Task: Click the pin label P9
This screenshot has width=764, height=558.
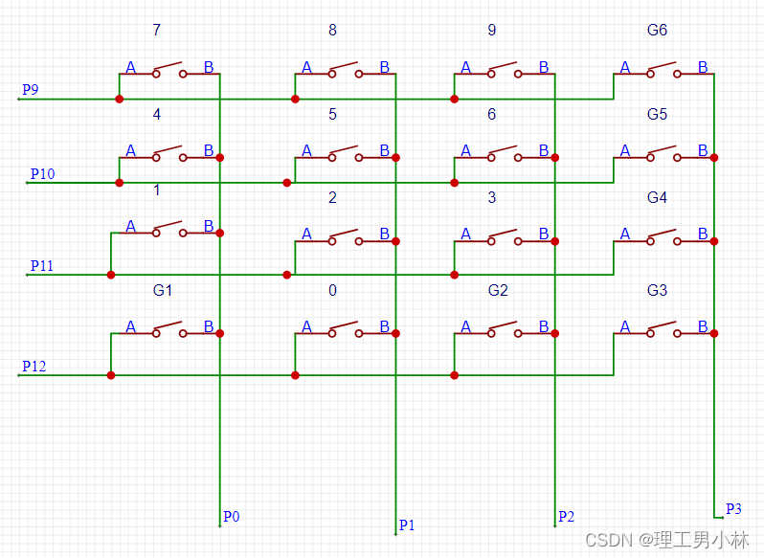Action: click(30, 90)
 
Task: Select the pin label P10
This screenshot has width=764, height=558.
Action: click(42, 173)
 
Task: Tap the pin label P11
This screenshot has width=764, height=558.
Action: click(42, 265)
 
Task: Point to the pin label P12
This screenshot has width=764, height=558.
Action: click(34, 367)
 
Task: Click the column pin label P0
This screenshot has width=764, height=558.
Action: click(231, 517)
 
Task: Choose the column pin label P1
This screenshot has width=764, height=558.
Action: click(407, 525)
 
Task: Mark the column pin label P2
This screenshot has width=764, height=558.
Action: click(566, 517)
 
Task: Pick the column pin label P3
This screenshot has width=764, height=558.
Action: click(733, 508)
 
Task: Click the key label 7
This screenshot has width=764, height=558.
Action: click(157, 30)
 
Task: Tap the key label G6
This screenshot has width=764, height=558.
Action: click(657, 30)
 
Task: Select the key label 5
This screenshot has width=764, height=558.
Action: click(332, 114)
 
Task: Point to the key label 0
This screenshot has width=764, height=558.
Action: click(332, 290)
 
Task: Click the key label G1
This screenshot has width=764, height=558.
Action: click(163, 290)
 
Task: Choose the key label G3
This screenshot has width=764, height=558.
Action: click(657, 290)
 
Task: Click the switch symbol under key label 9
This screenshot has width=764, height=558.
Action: click(504, 71)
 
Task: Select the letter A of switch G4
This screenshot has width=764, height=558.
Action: click(625, 234)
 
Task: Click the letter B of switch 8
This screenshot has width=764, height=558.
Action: click(384, 67)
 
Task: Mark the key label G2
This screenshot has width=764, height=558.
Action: click(498, 290)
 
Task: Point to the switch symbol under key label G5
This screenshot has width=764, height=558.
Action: click(663, 154)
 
